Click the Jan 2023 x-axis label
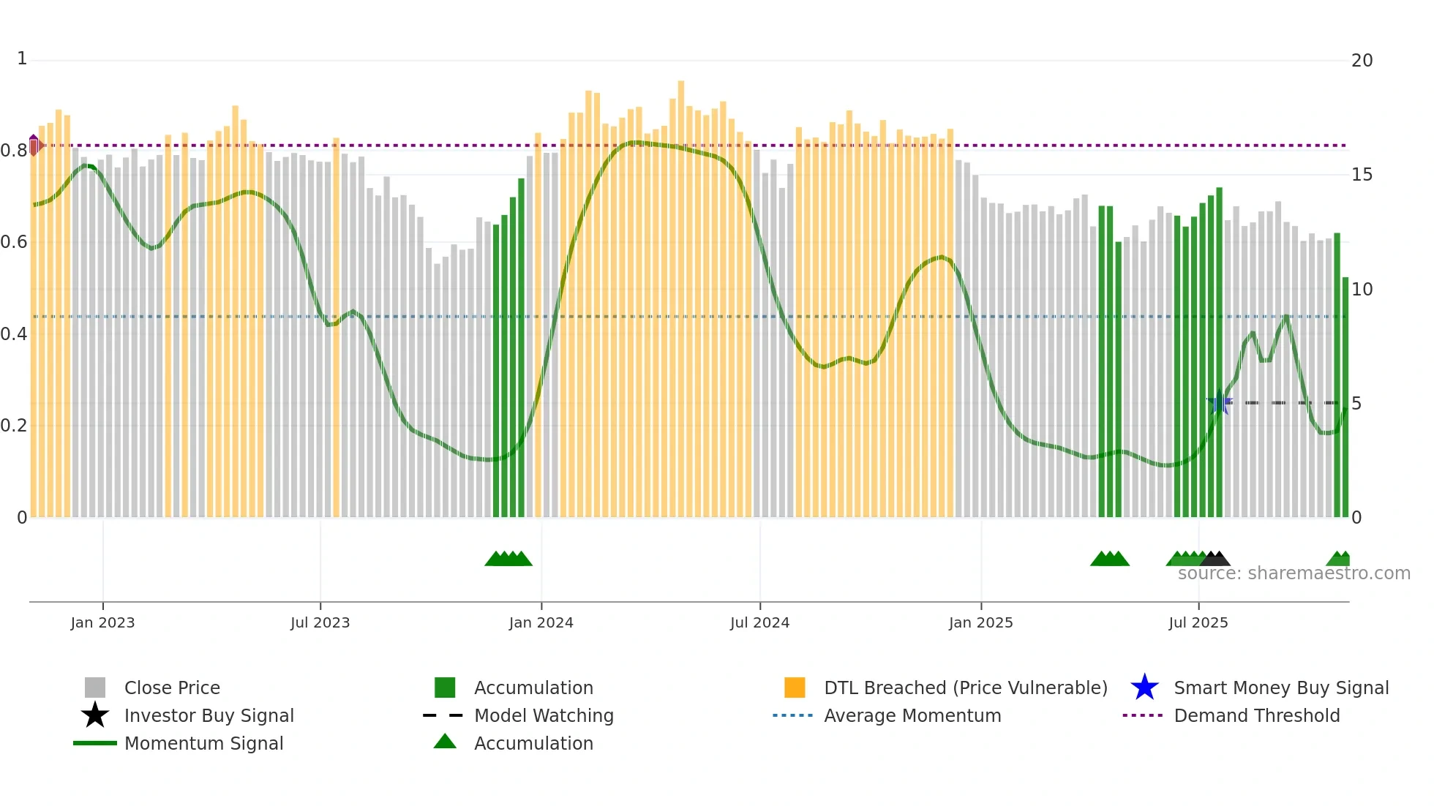[102, 623]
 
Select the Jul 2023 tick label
[320, 623]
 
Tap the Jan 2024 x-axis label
[541, 623]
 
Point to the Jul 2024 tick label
[759, 623]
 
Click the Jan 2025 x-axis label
[980, 623]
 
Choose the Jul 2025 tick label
[1198, 623]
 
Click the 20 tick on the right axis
[1362, 61]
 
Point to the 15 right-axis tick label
[1362, 175]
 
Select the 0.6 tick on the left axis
[13, 242]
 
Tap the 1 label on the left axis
[22, 59]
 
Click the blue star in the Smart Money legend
[1144, 688]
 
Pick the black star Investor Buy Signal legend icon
[95, 715]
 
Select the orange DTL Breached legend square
[795, 688]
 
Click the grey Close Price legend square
[95, 688]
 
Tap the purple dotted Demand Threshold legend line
[1142, 715]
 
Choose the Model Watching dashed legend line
[443, 715]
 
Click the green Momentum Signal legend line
[95, 743]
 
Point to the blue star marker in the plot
[1219, 403]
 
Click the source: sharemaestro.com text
[1294, 573]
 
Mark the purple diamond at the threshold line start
[34, 145]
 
